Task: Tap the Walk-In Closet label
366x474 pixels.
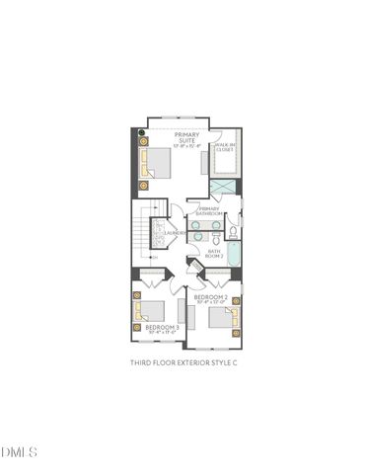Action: tap(226, 148)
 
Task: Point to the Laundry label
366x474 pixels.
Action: tap(174, 233)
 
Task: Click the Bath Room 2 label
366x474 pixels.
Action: tap(215, 253)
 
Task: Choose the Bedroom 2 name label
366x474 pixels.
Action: tap(210, 296)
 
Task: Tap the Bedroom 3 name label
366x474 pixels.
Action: tap(162, 326)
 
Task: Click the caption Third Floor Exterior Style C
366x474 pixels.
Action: tap(184, 362)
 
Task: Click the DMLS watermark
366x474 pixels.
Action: tap(19, 452)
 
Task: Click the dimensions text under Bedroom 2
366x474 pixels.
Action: tap(210, 303)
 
